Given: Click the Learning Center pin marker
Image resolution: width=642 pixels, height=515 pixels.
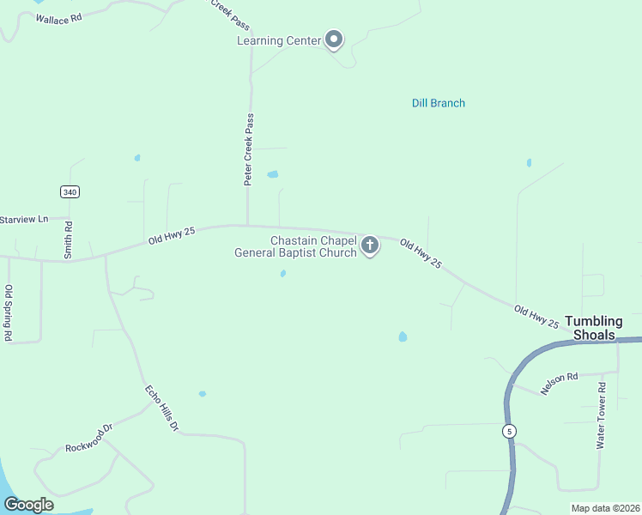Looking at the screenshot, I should coord(334,39).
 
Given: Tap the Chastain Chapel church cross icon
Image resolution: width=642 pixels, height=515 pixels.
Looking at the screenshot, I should coord(370,246).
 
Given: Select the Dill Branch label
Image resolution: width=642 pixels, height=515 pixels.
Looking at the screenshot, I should coord(439,103).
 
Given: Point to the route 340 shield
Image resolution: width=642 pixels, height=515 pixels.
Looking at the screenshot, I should coord(70,191).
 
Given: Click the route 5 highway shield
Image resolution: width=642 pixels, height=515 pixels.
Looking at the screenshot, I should coord(510,431).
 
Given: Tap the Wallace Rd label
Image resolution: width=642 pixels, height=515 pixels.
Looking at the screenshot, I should coord(58,15).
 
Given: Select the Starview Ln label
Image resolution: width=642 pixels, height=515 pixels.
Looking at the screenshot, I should coord(24,220).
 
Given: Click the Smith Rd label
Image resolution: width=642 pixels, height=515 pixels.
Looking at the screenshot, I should coord(69,239).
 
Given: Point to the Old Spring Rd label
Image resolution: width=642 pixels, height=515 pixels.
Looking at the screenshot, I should coord(9,313).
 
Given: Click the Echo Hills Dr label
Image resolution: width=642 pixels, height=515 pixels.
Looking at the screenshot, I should coord(161,408).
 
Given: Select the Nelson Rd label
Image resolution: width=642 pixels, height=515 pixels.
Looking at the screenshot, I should coord(560,382).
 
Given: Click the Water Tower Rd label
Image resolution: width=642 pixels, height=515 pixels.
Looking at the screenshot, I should coord(601,416).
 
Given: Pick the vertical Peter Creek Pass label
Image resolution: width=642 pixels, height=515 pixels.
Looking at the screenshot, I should coord(249,149).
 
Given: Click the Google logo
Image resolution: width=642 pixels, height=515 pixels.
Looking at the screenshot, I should coord(28,505).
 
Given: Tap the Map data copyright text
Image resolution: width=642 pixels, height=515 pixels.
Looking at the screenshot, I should coord(605,508).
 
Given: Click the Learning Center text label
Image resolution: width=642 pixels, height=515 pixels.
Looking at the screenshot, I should coord(279,40).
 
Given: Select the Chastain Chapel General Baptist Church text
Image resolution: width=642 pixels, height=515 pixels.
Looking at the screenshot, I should coord(296,246).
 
